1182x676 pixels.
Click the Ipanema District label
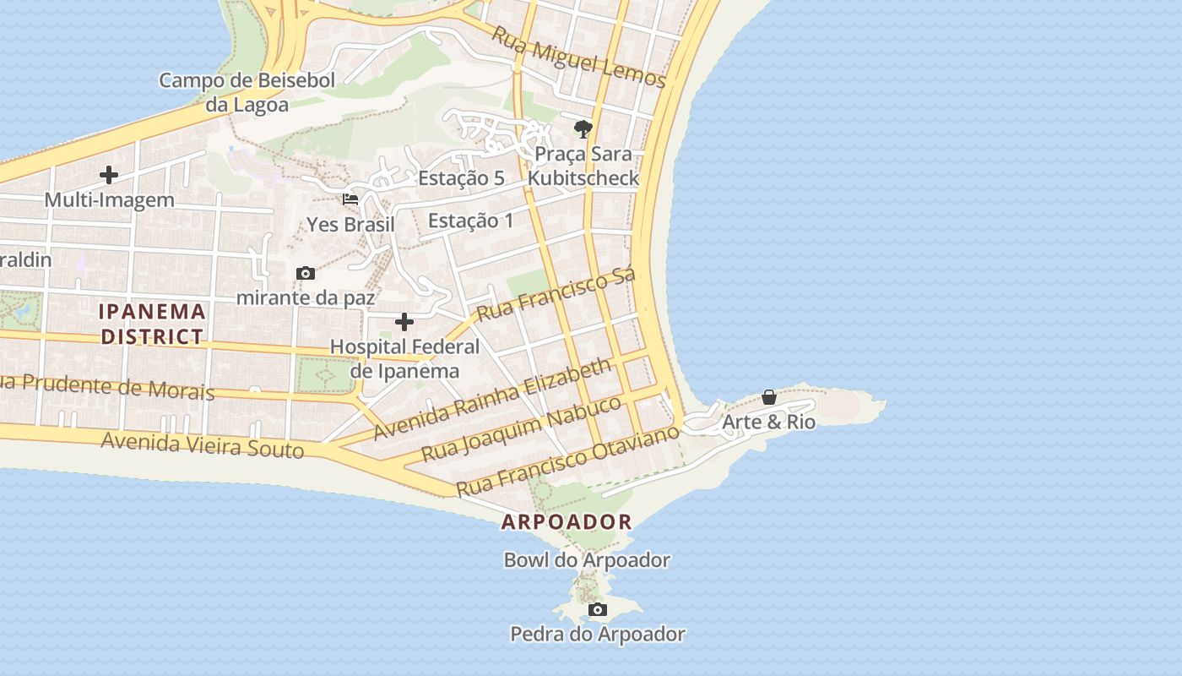(x=152, y=324)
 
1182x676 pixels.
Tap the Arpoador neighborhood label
(x=567, y=522)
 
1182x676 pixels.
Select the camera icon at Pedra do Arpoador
(x=597, y=609)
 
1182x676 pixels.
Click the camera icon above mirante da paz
(x=306, y=273)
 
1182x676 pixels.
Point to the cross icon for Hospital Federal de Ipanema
(x=404, y=322)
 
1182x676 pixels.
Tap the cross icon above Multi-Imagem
(x=108, y=175)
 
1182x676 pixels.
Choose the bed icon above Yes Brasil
(x=350, y=199)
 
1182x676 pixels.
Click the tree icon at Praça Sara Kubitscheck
(x=583, y=129)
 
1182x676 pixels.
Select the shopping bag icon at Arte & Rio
(x=769, y=397)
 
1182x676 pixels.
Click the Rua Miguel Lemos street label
(x=578, y=57)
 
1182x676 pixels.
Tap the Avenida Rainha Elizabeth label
(x=492, y=398)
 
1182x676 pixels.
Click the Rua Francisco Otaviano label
(x=567, y=461)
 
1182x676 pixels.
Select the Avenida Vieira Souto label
(x=203, y=444)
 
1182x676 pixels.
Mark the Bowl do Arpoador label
(x=587, y=560)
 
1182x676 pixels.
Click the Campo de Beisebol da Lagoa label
(x=247, y=93)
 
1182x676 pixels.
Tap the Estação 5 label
(x=461, y=178)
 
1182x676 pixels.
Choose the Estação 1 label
(x=470, y=221)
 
